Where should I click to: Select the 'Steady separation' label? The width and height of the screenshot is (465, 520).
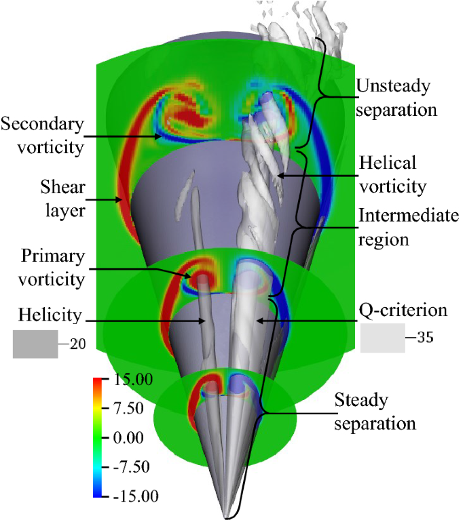tap(374, 412)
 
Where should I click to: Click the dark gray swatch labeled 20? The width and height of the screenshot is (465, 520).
tap(35, 344)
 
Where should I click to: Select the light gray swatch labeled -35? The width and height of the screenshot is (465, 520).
tap(383, 338)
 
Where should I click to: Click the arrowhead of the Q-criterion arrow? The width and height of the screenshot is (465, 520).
tap(257, 318)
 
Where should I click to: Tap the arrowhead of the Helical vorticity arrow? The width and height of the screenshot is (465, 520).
tap(278, 177)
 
